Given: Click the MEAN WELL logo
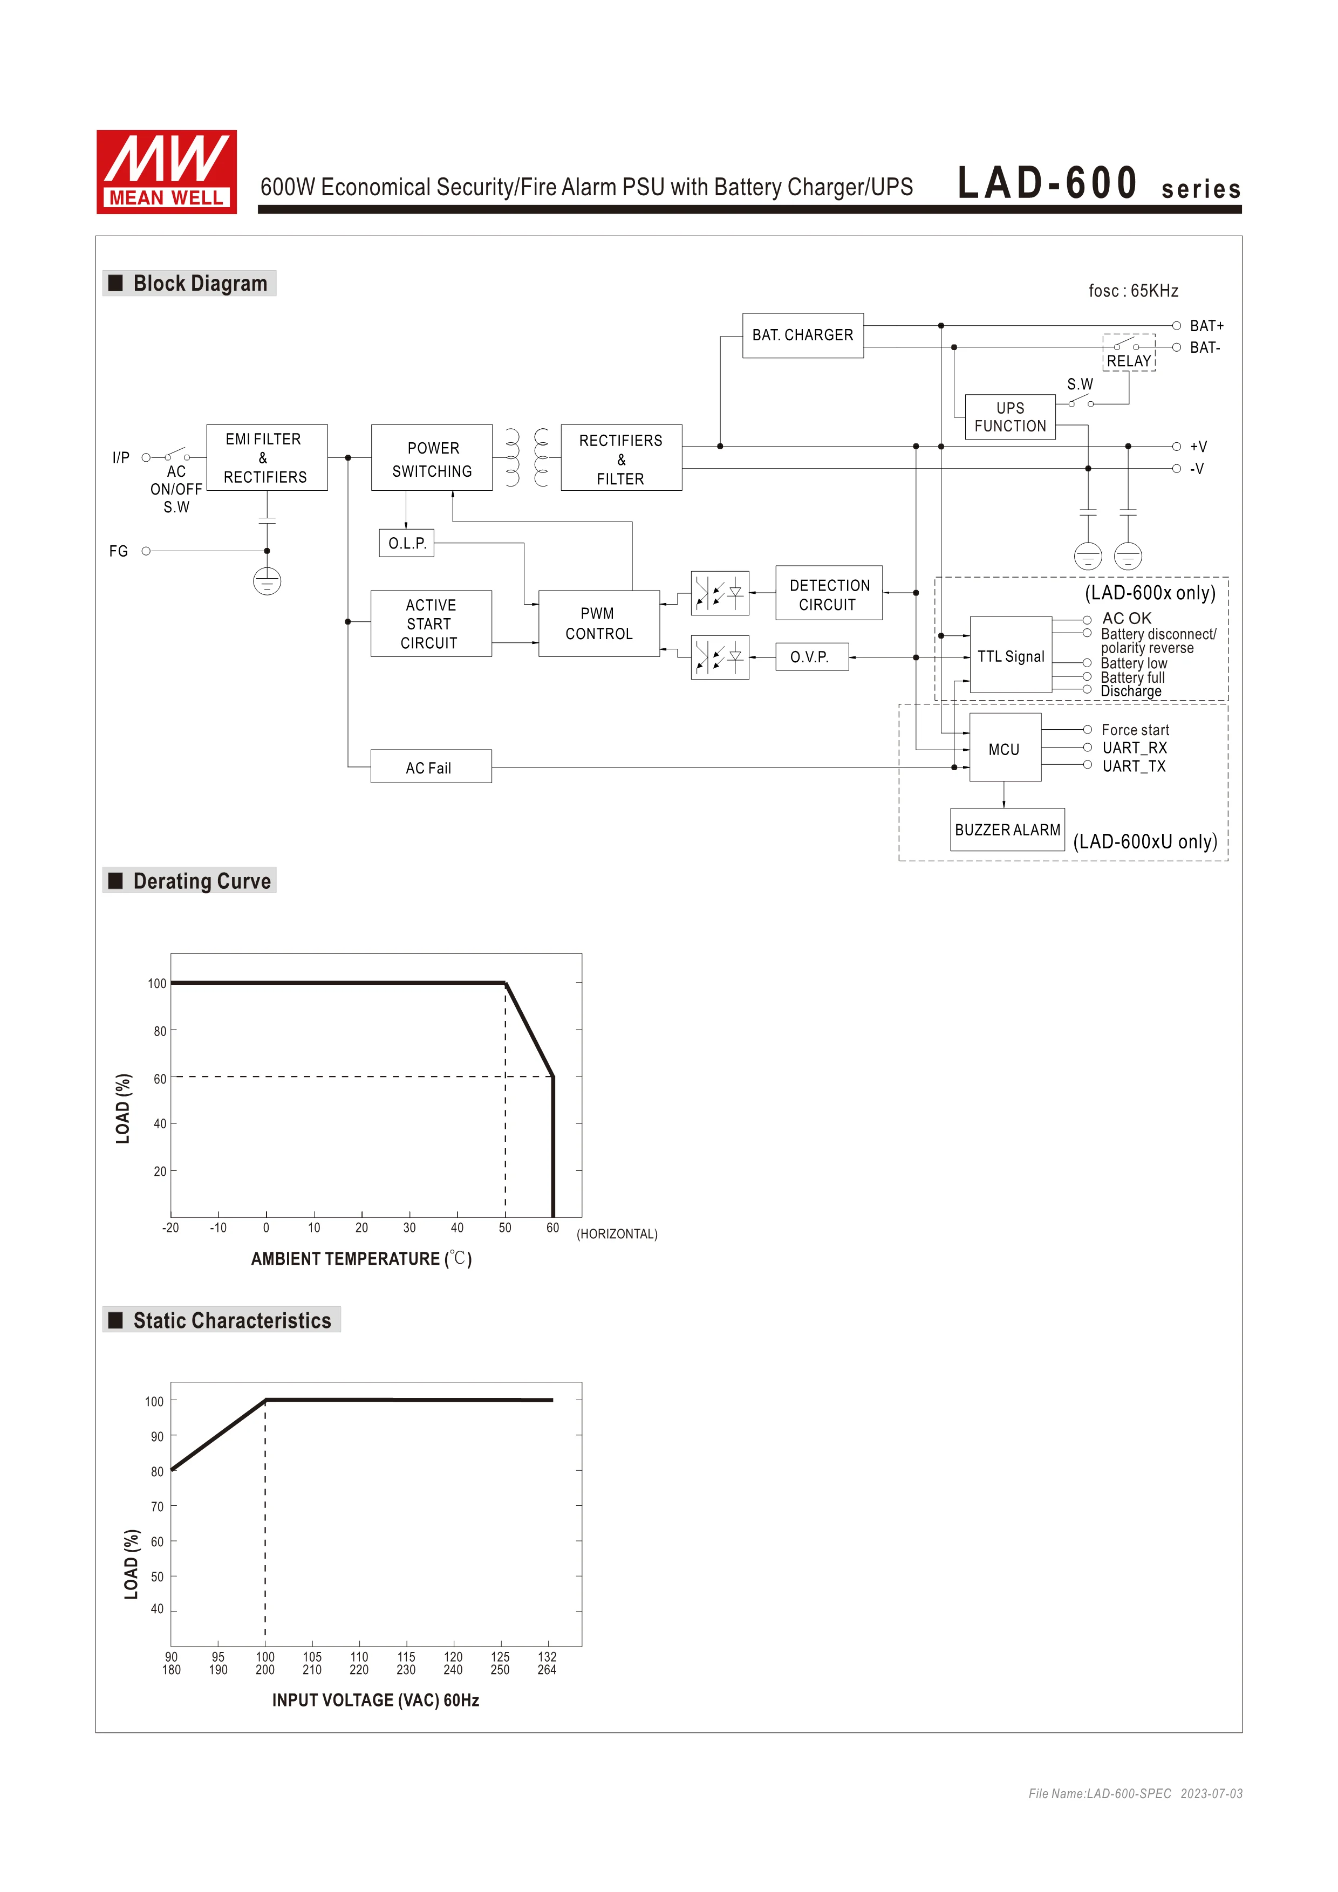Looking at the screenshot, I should [167, 172].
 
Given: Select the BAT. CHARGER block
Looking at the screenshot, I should [802, 335].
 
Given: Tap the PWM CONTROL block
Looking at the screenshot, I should [598, 624].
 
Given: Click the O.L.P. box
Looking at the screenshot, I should [406, 544].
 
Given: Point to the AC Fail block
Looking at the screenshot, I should [431, 767].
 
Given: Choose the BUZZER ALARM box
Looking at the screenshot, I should [1007, 830].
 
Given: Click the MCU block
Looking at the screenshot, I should [1004, 749].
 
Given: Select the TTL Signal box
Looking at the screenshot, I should [1010, 656].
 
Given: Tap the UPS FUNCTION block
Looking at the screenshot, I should [1010, 417].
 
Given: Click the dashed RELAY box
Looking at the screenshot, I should [1129, 353].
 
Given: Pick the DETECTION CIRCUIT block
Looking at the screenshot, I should [829, 594].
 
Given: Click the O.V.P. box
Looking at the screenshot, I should [811, 657].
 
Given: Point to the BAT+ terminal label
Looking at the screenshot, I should [1206, 326].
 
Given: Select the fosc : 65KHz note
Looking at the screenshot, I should [1133, 291].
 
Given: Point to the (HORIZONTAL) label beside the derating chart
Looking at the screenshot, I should [617, 1233].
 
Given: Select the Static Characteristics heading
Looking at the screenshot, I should [231, 1321].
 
